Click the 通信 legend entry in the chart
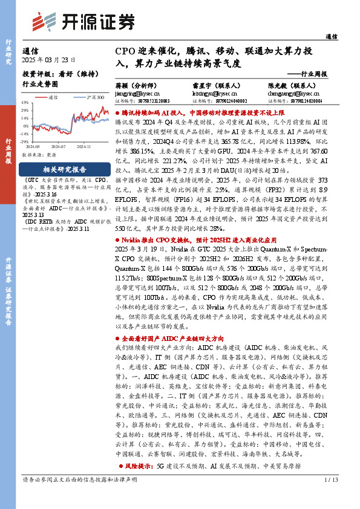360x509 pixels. (50, 96)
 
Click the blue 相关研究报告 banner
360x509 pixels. (64, 169)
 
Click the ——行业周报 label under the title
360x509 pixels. (307, 74)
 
